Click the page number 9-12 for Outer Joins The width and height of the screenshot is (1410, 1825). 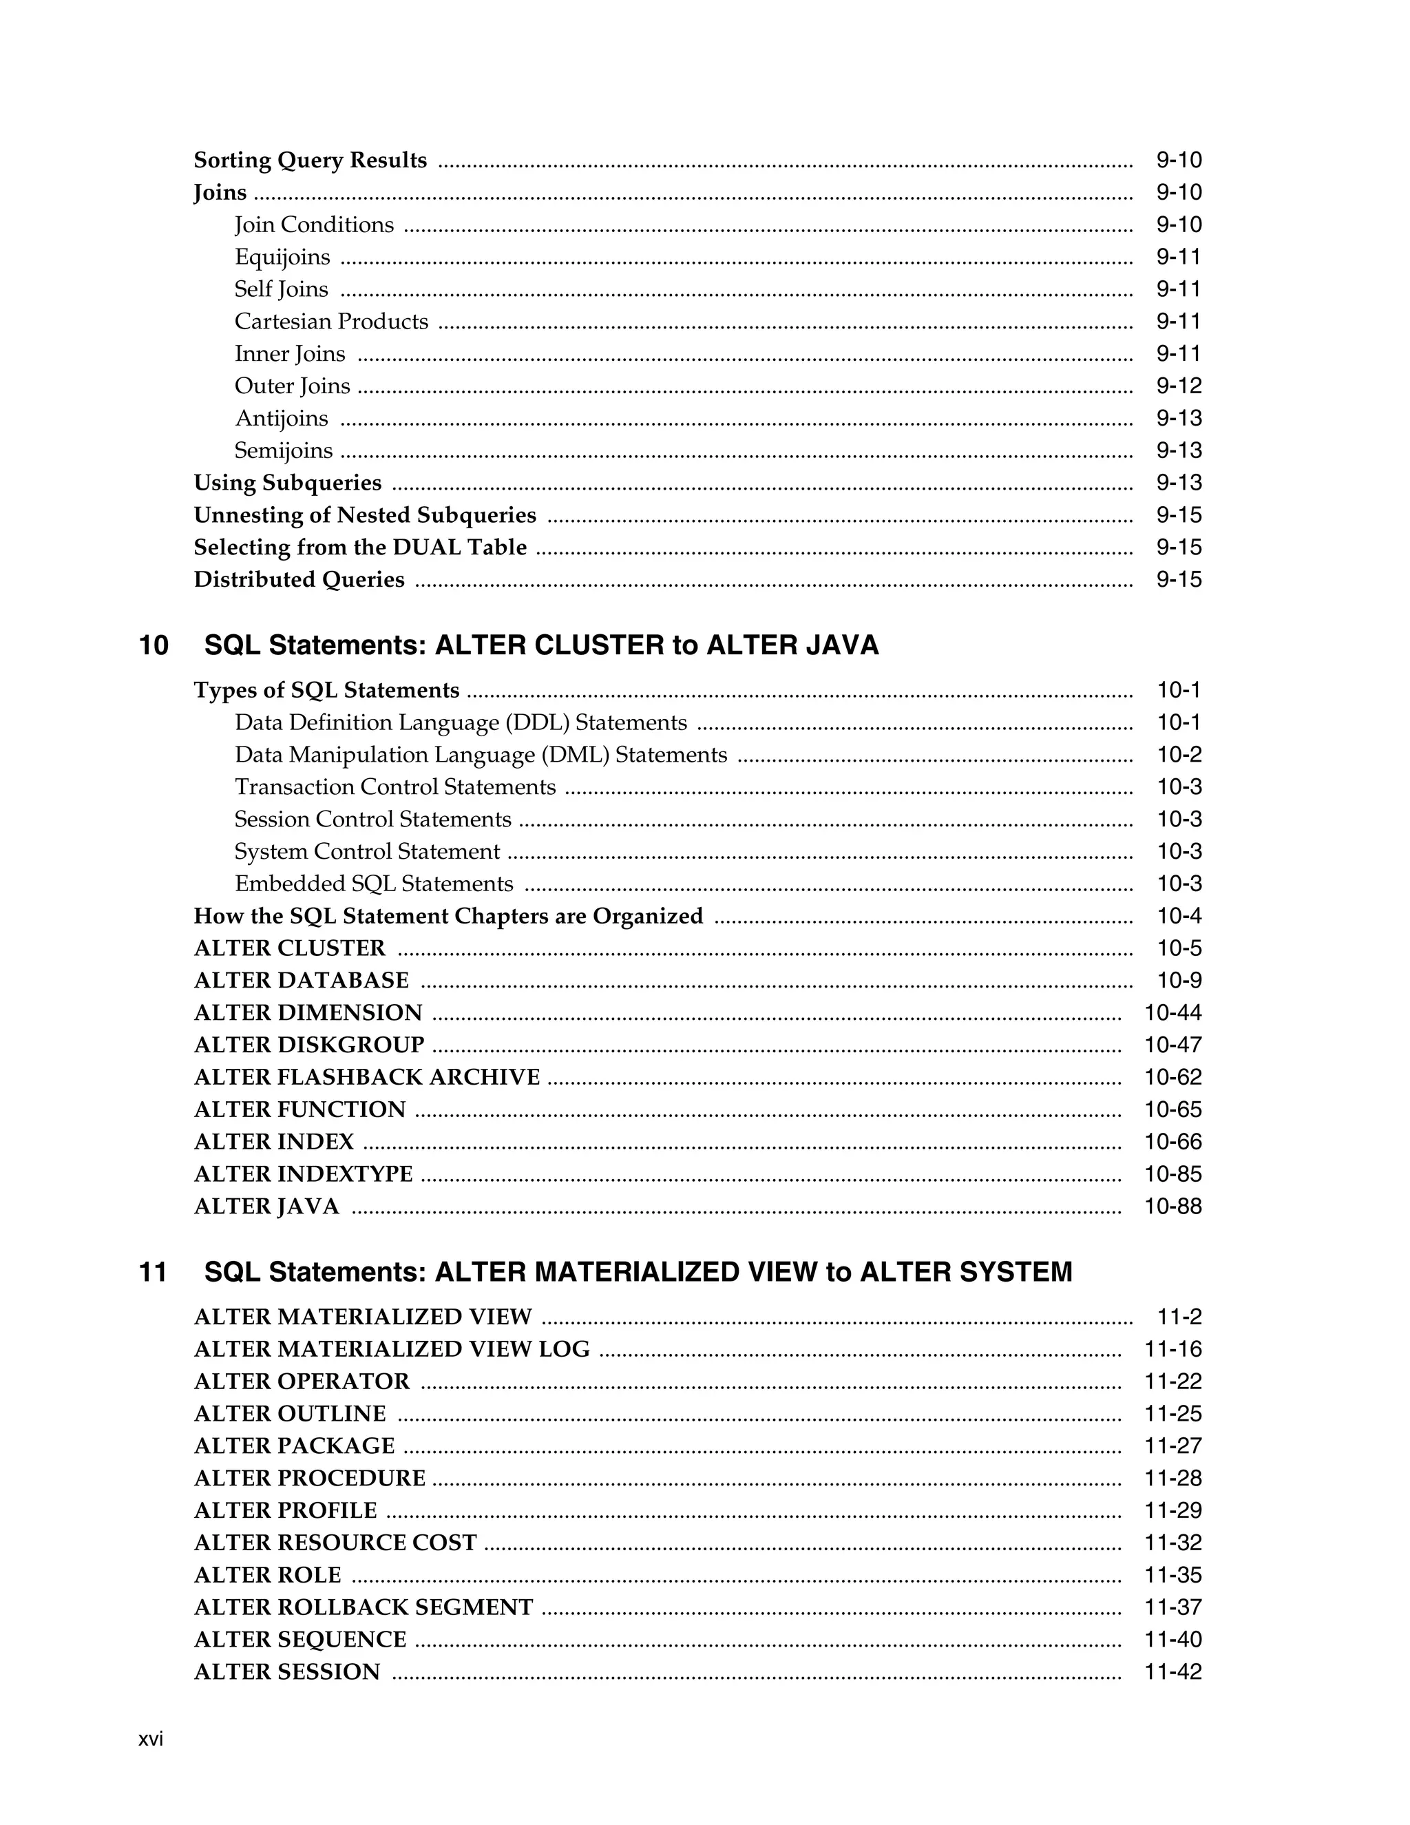point(1178,386)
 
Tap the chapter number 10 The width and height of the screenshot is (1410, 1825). point(154,645)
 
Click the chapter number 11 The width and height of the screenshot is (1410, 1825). point(153,1272)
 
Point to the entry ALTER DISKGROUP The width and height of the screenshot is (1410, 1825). point(309,1045)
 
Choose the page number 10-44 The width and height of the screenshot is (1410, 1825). point(1172,1013)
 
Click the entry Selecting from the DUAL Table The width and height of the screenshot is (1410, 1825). point(360,547)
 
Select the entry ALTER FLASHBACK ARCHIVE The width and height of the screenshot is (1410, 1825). point(367,1077)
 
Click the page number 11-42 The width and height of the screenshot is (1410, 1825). point(1172,1671)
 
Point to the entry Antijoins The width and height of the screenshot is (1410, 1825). point(282,419)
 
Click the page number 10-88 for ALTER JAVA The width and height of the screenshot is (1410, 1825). point(1172,1207)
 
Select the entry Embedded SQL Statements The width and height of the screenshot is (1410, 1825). point(373,884)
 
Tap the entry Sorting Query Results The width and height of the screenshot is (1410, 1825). point(310,160)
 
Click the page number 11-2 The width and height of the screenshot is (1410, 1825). point(1179,1317)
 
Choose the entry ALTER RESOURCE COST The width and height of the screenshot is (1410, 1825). point(335,1543)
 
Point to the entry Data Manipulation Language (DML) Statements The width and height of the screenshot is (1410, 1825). point(481,755)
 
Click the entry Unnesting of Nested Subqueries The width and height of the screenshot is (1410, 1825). point(365,516)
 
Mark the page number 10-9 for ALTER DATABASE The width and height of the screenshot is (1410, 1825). point(1179,980)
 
